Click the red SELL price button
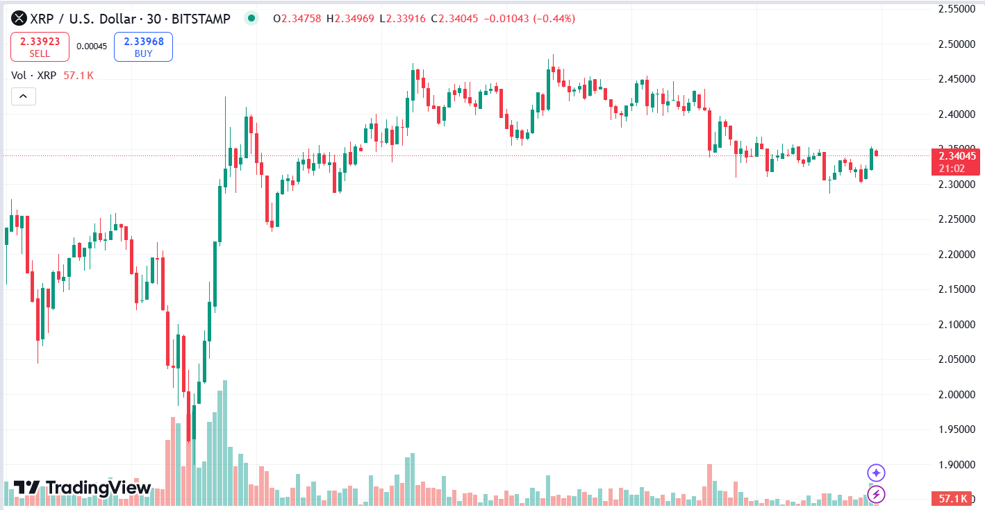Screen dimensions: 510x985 pyautogui.click(x=40, y=46)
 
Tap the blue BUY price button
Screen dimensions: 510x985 pyautogui.click(x=143, y=46)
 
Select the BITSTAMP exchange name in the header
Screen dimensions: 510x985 pyautogui.click(x=201, y=19)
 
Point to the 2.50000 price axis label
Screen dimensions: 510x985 pyautogui.click(x=957, y=44)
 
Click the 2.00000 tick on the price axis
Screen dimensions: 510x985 pyautogui.click(x=957, y=395)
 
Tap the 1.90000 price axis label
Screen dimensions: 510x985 pyautogui.click(x=957, y=465)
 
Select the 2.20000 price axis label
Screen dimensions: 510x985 pyautogui.click(x=957, y=255)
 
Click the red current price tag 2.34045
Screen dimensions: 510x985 pyautogui.click(x=957, y=156)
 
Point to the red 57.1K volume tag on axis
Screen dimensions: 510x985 pyautogui.click(x=953, y=499)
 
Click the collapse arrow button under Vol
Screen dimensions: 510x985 pyautogui.click(x=23, y=96)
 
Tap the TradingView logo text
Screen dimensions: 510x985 pyautogui.click(x=82, y=488)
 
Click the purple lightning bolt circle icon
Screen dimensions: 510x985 pyautogui.click(x=877, y=494)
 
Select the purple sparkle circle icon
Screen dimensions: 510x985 pyautogui.click(x=877, y=473)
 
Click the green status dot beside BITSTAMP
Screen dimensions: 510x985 pyautogui.click(x=251, y=19)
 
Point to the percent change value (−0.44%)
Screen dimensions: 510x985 pyautogui.click(x=554, y=19)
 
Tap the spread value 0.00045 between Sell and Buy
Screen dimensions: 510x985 pyautogui.click(x=92, y=46)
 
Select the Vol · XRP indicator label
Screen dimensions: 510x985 pyautogui.click(x=33, y=75)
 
